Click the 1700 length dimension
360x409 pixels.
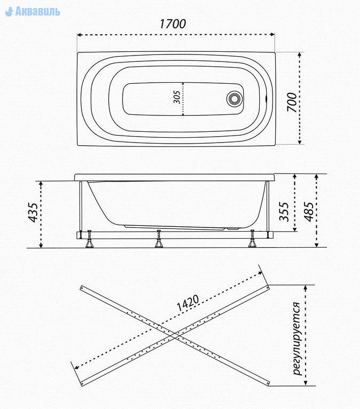(172, 24)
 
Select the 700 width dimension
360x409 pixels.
(292, 103)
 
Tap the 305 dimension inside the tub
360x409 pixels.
(177, 97)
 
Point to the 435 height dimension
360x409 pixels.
(34, 212)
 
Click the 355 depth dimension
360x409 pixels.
(284, 211)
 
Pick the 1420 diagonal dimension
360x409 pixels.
(188, 303)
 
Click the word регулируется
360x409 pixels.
(297, 339)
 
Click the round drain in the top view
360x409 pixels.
(235, 99)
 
